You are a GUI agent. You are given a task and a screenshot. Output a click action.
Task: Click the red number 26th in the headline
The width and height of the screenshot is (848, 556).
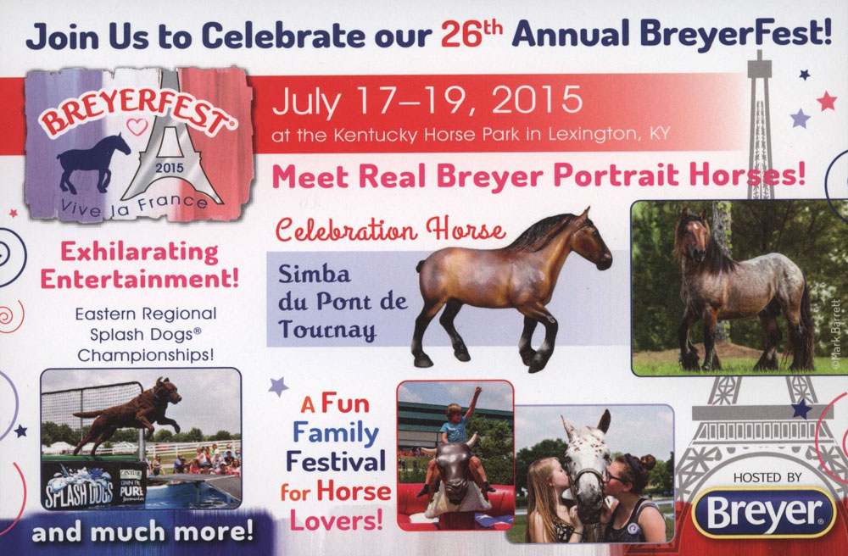point(471,34)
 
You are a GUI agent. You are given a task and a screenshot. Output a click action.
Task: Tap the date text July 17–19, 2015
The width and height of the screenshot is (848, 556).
point(427,101)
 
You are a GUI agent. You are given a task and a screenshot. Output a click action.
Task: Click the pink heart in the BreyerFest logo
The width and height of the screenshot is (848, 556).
point(137,127)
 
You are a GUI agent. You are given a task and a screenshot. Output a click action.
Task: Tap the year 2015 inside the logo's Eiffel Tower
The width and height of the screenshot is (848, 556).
point(170,168)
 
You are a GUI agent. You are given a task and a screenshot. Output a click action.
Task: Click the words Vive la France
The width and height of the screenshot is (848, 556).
point(134,205)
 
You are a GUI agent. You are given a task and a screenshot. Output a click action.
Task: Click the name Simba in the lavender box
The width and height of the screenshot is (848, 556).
point(315,275)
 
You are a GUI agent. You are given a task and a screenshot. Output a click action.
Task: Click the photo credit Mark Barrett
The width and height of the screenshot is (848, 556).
point(836,335)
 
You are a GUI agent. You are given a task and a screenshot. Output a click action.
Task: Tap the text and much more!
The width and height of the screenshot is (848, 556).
point(142,531)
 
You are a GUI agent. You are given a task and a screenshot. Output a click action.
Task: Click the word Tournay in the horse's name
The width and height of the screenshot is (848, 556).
point(326,330)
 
